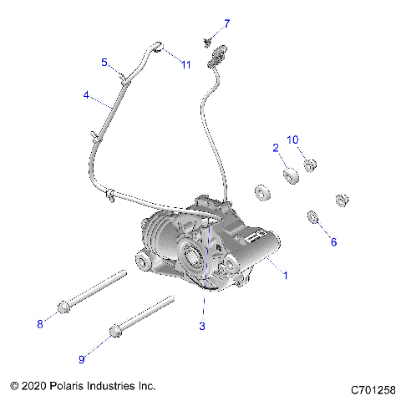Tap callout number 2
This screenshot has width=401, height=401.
click(275, 147)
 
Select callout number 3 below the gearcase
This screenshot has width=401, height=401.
click(201, 326)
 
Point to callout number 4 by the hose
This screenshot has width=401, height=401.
click(86, 95)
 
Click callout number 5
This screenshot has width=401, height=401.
click(104, 62)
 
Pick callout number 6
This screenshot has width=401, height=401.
click(332, 241)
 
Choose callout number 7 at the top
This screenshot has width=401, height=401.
click(226, 23)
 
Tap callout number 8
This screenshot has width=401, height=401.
click(38, 323)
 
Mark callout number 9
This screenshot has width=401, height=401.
click(82, 359)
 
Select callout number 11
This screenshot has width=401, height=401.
click(186, 65)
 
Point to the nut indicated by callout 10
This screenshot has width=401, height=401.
click(309, 165)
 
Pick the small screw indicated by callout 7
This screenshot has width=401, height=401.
click(206, 38)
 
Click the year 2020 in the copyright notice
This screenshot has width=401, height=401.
click(34, 388)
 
